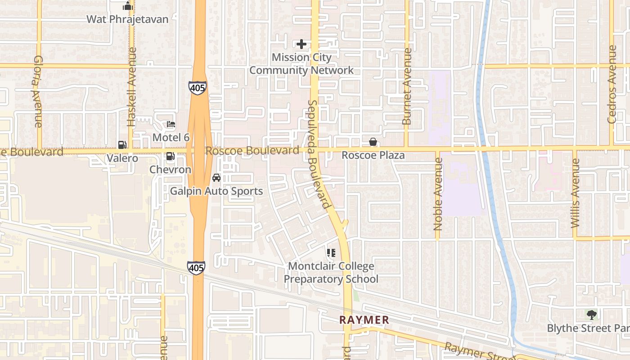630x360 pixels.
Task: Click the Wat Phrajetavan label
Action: tap(127, 19)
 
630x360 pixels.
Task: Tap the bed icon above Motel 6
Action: tap(171, 124)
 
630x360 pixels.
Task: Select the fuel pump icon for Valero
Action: tap(122, 145)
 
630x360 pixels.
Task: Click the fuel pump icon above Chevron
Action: tap(171, 157)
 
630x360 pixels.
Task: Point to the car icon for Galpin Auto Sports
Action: tap(216, 178)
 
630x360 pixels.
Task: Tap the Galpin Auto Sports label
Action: tap(216, 191)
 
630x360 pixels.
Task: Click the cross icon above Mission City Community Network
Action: tap(301, 44)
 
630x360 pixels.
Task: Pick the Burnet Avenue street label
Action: tap(407, 86)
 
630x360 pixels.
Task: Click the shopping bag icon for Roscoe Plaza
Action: tap(373, 142)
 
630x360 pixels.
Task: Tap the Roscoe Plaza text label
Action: tap(373, 155)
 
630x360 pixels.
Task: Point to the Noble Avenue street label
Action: tap(438, 197)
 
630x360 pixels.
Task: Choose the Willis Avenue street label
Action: tap(575, 193)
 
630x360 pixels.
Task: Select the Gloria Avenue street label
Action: tap(38, 91)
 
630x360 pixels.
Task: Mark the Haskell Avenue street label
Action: tap(131, 87)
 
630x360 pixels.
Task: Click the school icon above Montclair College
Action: tap(331, 253)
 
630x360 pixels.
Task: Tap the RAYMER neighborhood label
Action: tap(364, 320)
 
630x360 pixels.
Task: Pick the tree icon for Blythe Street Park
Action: tap(591, 315)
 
